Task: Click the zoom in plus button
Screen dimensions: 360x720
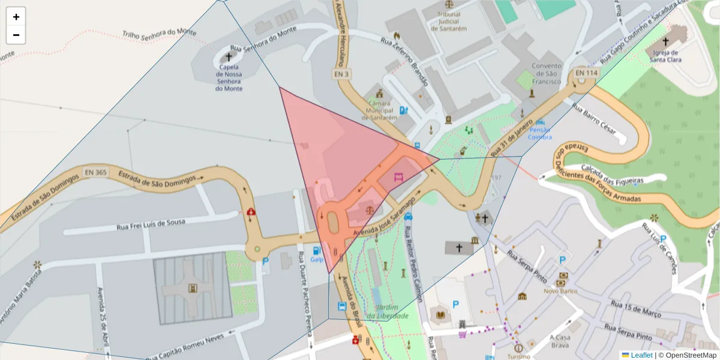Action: click(16, 17)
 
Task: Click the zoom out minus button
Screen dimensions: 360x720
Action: click(16, 35)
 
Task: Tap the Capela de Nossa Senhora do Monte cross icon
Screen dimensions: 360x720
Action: click(228, 57)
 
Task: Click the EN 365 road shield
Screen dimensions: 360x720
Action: click(96, 172)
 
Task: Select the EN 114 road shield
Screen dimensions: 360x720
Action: click(586, 73)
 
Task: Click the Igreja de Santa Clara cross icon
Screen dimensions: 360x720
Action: click(665, 42)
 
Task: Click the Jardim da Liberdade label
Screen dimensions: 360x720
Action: click(388, 311)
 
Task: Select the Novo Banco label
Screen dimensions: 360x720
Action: click(559, 291)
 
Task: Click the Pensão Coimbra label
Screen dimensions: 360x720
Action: click(539, 133)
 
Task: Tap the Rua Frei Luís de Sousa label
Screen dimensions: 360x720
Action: click(151, 224)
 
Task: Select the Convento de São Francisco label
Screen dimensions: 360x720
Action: click(547, 73)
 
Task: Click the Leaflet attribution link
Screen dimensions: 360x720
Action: click(641, 355)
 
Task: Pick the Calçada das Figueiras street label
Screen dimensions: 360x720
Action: click(612, 174)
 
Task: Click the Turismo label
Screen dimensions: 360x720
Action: click(518, 356)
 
